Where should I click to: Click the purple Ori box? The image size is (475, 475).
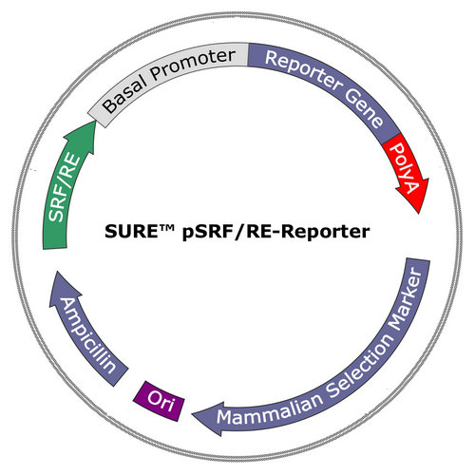(x=159, y=401)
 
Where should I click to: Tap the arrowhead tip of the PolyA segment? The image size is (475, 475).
(x=419, y=214)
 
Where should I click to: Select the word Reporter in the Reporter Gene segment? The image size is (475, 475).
(x=302, y=70)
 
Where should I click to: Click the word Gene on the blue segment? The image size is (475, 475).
(x=365, y=108)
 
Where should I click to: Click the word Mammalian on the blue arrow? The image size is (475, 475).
(x=270, y=409)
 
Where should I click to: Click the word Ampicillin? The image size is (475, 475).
(x=87, y=336)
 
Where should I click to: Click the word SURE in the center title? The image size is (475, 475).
(x=131, y=231)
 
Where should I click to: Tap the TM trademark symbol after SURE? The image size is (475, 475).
(x=166, y=227)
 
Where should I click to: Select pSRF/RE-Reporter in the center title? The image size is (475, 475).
(x=275, y=232)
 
